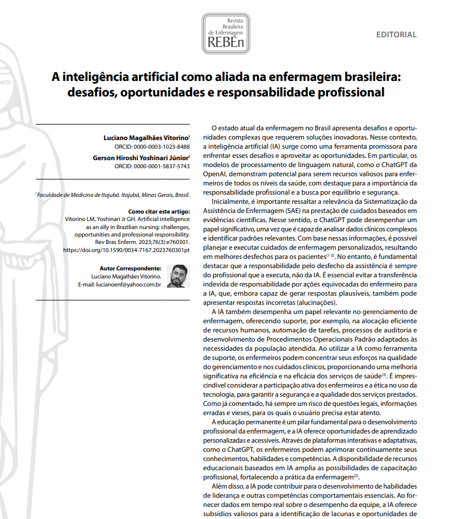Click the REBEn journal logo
(226, 32)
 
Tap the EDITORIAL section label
(396, 34)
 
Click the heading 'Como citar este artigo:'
(158, 211)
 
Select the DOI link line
(126, 250)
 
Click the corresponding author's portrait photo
(178, 276)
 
